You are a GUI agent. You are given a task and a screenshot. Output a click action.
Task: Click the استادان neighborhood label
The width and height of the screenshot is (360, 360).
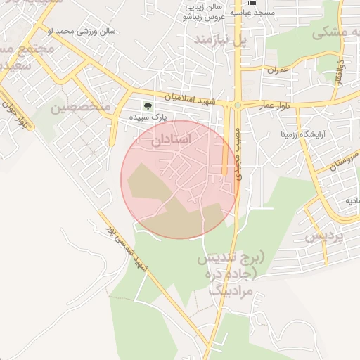click(x=171, y=139)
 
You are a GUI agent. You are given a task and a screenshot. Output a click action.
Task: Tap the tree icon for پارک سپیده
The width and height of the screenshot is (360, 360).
click(x=148, y=106)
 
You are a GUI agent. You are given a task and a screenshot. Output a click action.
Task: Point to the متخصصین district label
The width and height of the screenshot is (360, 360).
click(x=81, y=106)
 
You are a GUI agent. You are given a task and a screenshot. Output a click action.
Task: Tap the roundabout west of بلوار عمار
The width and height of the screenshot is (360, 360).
click(x=238, y=106)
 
